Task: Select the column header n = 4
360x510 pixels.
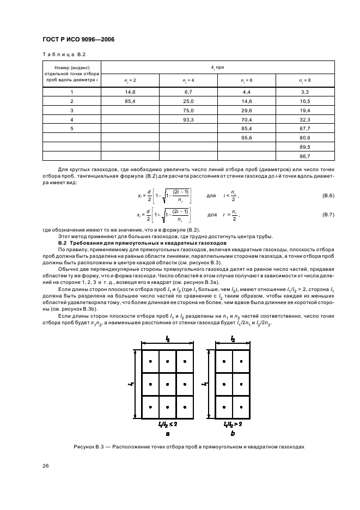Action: point(188,80)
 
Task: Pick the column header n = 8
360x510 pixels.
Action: point(305,80)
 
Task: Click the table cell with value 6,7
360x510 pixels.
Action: point(188,93)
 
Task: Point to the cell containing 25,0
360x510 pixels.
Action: point(188,101)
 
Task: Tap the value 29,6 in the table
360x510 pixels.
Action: point(247,110)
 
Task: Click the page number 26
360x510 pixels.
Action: point(45,465)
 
